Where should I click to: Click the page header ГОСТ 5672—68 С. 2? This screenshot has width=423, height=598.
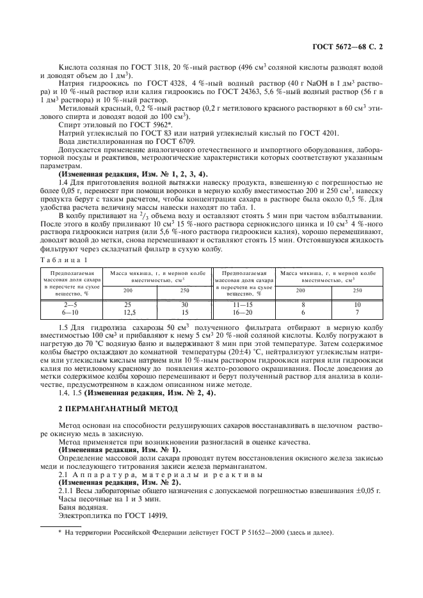[356, 47]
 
